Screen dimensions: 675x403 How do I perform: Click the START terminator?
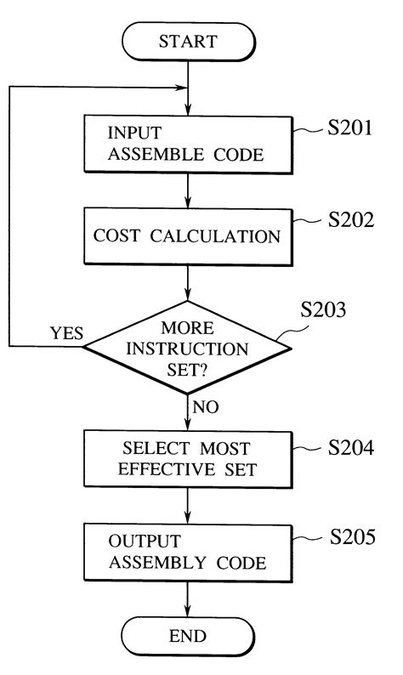186,42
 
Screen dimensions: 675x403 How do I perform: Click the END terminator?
186,635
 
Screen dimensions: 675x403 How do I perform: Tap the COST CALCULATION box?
186,235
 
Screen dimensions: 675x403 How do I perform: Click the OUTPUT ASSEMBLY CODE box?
186,552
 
